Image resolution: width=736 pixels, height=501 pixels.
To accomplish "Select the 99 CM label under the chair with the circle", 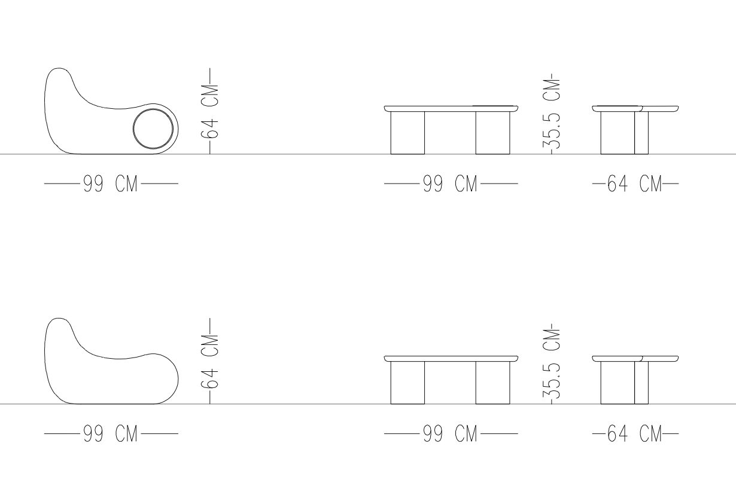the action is pos(110,184).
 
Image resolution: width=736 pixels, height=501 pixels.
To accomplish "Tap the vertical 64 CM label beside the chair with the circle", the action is pos(209,112).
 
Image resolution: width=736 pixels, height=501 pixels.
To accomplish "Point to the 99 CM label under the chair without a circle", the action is pos(110,433).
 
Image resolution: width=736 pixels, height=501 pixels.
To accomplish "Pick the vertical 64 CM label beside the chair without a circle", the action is pos(209,362).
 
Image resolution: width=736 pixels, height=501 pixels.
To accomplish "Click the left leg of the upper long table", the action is pos(407,133).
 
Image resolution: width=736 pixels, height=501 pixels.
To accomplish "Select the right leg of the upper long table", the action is pos(493,133).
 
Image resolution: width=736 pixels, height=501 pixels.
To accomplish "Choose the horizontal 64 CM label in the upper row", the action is pos(634,184).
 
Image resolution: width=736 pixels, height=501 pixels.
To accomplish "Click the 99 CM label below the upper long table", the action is pos(450,184).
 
